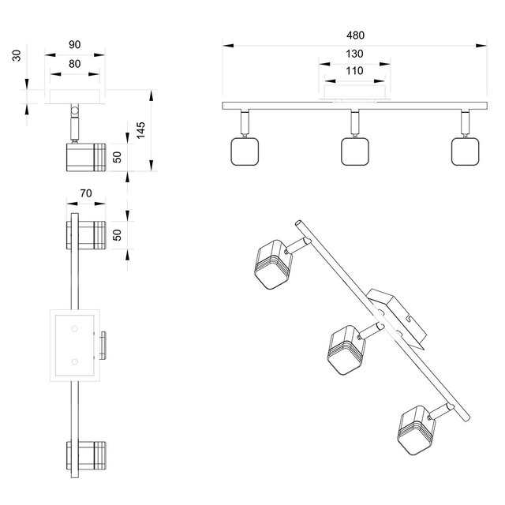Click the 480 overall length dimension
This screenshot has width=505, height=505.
(354, 36)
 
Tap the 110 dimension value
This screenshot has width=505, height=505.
(354, 71)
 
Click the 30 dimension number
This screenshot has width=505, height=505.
(17, 57)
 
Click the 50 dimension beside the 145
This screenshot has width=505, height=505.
(117, 156)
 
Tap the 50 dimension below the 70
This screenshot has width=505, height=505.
(117, 235)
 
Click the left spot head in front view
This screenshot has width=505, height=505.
(242, 151)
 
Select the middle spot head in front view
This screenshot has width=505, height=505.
(354, 151)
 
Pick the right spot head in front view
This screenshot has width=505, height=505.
(465, 151)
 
